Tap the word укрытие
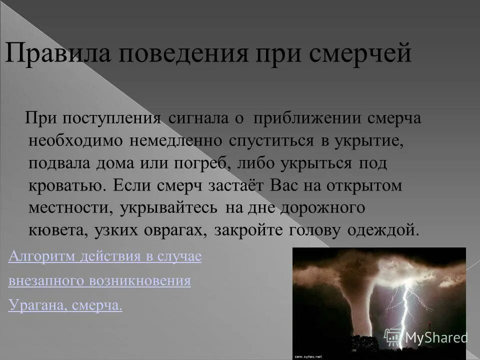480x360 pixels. [x=369, y=141]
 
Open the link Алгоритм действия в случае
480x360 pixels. [x=105, y=257]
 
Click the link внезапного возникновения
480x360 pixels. [x=99, y=281]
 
